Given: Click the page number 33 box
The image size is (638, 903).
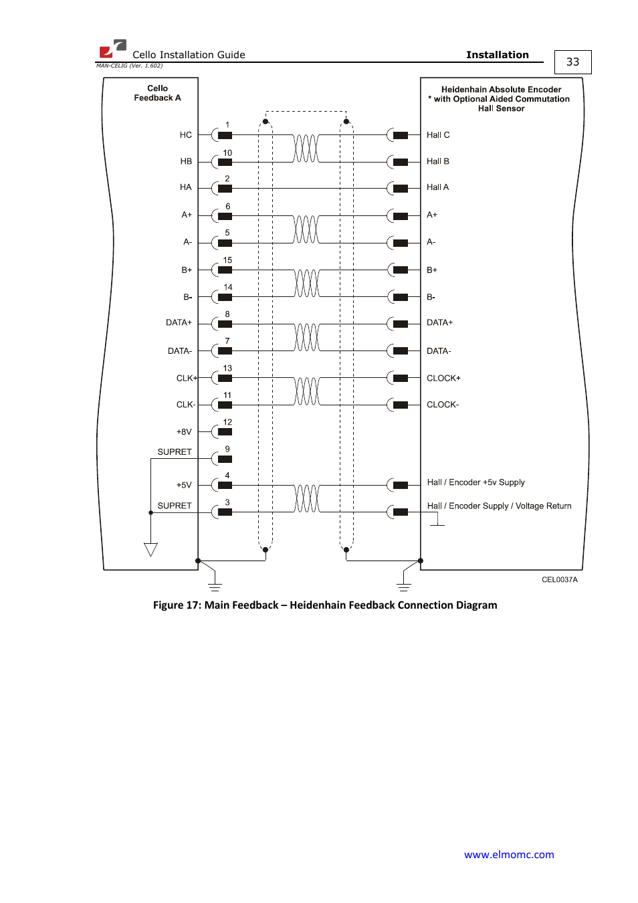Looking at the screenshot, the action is click(572, 62).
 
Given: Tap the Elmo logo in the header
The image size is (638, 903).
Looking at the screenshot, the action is click(112, 49).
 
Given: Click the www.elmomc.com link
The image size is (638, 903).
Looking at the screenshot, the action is click(509, 854).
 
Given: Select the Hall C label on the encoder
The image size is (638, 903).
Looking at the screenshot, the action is click(438, 135).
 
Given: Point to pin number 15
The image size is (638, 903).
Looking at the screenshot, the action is click(227, 260).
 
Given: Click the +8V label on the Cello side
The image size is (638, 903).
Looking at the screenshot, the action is click(184, 432).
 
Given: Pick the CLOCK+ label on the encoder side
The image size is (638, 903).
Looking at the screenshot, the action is click(443, 378).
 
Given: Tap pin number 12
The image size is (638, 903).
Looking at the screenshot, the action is click(227, 422).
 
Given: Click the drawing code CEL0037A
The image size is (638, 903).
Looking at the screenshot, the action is click(559, 580).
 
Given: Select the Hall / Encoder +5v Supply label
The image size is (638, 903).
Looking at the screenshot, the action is click(475, 482).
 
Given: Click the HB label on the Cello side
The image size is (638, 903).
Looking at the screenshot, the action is click(186, 161).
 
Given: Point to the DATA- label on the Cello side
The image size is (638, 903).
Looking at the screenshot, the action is click(180, 351).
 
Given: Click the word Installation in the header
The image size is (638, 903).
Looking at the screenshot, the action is click(497, 55).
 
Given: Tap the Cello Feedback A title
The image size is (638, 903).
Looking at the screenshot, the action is click(158, 93).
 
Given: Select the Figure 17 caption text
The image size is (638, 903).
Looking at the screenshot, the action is click(325, 605).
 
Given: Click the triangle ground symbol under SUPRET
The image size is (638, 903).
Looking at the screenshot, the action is click(151, 549).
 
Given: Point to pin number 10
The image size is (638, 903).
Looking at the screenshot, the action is click(227, 153).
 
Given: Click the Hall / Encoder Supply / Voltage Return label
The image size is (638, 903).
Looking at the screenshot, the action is click(499, 506).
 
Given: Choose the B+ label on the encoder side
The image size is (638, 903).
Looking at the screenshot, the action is click(432, 270).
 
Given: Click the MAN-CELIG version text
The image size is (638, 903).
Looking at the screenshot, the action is click(129, 66).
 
